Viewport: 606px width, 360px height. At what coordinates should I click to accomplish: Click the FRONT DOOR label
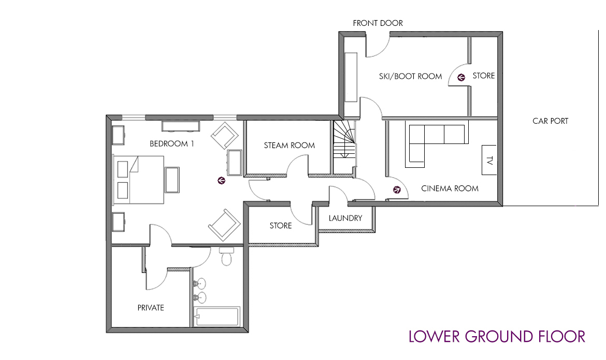tap(378, 23)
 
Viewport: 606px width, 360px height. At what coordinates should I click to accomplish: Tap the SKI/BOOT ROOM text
tap(410, 77)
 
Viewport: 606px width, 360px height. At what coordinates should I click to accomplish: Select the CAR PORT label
tap(551, 121)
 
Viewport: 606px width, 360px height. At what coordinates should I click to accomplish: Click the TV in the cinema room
tap(489, 160)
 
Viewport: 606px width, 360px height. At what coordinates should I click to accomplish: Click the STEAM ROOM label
tap(289, 146)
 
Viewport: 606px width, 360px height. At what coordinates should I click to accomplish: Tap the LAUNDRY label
tap(345, 218)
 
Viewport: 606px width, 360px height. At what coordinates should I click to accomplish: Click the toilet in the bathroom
tap(226, 256)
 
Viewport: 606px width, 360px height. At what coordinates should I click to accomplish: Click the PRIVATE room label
tap(151, 308)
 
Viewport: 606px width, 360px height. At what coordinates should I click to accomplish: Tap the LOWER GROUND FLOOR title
tap(497, 336)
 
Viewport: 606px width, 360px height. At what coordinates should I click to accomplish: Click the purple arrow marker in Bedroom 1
tap(222, 180)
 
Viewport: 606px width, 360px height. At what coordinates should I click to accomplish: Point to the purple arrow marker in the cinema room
tap(397, 190)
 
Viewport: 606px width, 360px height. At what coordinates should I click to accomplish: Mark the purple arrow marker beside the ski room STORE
tap(461, 77)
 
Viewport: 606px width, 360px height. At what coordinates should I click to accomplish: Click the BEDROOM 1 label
tap(171, 144)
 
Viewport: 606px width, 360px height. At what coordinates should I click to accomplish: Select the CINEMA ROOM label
tap(450, 189)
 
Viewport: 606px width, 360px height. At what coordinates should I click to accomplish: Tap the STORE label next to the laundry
tap(281, 225)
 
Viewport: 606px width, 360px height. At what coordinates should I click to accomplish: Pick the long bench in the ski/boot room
tap(351, 77)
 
